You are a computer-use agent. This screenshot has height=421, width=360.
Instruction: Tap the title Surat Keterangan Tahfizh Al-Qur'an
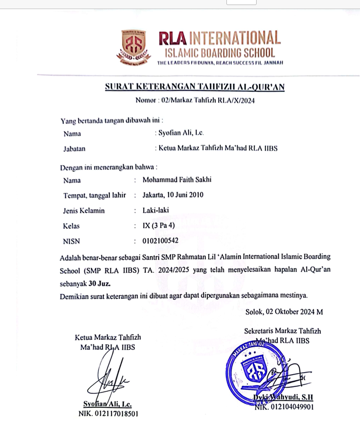point(195,87)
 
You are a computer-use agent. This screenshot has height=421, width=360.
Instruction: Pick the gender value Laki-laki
point(156,211)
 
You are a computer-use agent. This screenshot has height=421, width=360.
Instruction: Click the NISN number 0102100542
point(160,241)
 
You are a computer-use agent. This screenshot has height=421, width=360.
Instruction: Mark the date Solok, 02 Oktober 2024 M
point(284,312)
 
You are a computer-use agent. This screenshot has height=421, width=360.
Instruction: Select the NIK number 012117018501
point(108,414)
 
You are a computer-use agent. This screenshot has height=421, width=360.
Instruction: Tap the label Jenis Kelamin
point(84,211)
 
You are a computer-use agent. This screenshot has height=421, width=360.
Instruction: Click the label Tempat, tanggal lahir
point(94,195)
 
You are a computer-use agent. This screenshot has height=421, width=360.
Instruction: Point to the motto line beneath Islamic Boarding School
point(220,63)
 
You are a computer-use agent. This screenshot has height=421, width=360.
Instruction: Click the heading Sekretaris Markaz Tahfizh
point(282,331)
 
